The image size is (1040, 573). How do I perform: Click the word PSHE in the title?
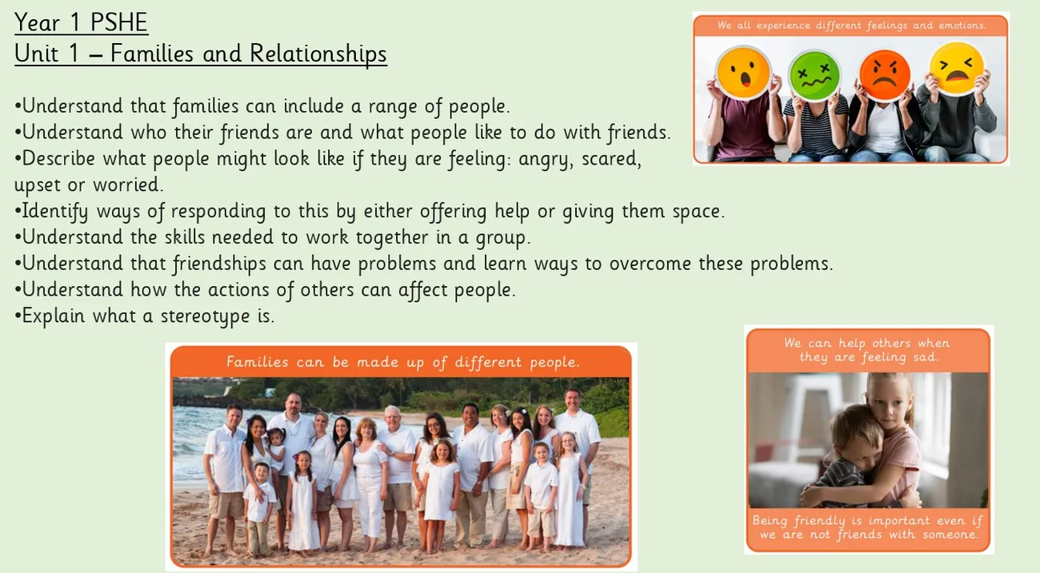coord(119,22)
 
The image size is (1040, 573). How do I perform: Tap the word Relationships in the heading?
coord(318,54)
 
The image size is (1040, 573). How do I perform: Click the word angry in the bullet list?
coord(546,160)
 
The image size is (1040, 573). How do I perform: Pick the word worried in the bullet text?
coord(128,185)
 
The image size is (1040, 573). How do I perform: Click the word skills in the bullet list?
coord(185,237)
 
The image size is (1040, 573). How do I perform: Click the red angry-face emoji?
coord(885,74)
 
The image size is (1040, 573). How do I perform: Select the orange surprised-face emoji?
coord(743,73)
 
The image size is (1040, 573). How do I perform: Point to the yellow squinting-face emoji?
coord(957,68)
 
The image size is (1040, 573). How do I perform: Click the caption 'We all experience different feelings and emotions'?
coord(851,26)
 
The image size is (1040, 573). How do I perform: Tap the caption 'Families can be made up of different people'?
coord(403,362)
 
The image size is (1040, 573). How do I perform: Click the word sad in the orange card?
coord(926,357)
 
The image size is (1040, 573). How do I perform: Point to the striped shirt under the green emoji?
coord(815,125)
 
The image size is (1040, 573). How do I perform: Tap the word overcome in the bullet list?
coord(650,264)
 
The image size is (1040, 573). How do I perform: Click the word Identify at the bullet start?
coord(55,212)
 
